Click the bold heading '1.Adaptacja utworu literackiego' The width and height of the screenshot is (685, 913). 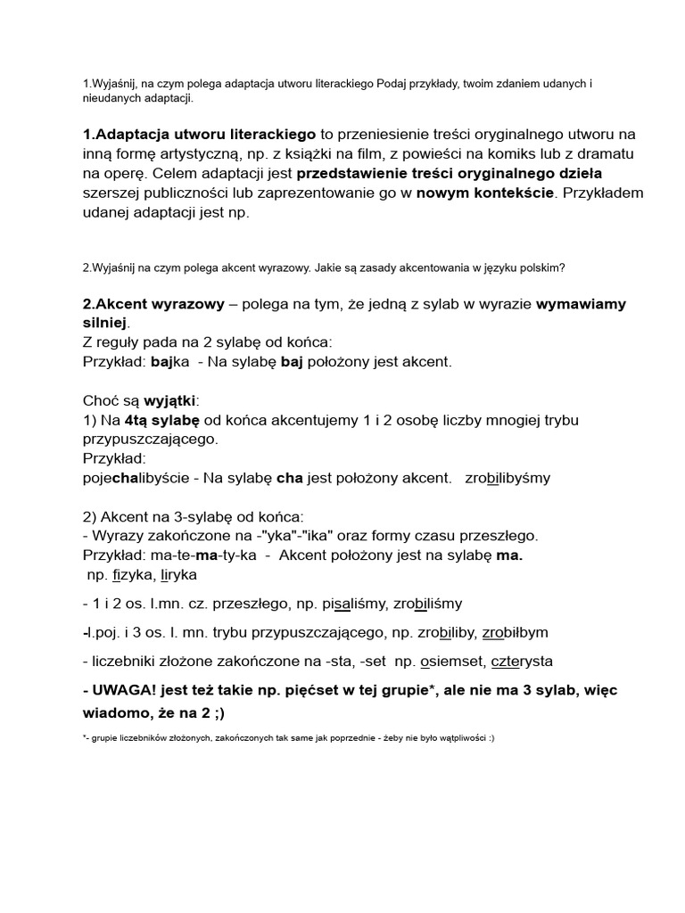(x=199, y=135)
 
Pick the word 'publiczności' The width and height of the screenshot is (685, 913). (x=185, y=193)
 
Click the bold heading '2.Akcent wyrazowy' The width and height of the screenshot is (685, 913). (x=153, y=304)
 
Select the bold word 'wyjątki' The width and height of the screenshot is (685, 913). (x=169, y=400)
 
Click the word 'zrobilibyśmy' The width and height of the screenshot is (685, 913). (x=508, y=478)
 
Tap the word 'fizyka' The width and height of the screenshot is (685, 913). (x=135, y=575)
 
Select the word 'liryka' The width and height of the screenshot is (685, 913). (x=178, y=575)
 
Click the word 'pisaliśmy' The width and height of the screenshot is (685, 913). (x=342, y=604)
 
